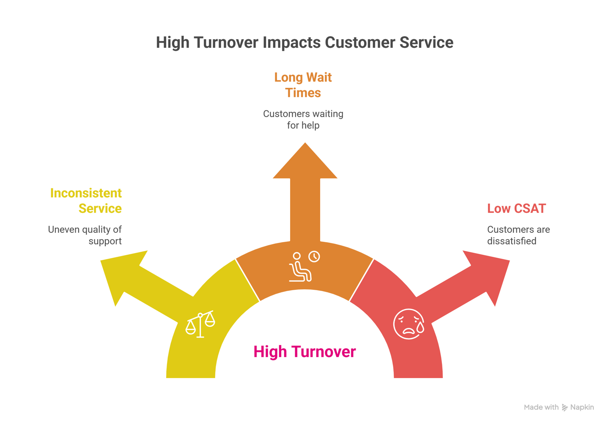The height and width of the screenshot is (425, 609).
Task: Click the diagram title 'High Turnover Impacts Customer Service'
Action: click(304, 43)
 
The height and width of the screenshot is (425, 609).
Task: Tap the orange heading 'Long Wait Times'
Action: click(303, 85)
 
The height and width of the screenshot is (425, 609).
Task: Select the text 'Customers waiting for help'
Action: click(303, 120)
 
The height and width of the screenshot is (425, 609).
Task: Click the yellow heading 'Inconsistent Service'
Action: click(86, 201)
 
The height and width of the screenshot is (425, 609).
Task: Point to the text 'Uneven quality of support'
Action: click(85, 235)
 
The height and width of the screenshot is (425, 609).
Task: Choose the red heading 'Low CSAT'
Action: click(516, 208)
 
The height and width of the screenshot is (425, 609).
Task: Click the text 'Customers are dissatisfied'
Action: click(518, 235)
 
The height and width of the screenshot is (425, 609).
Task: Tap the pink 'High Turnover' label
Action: click(304, 351)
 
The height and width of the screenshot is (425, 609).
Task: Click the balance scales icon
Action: click(200, 324)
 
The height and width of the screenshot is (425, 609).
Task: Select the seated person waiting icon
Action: click(300, 268)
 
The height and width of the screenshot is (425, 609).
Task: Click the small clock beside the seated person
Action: click(314, 256)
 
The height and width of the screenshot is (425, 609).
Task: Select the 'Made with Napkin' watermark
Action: click(559, 407)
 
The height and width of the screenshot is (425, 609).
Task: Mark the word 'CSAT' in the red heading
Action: click(529, 208)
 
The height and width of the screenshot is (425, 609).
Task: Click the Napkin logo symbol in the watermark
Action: click(565, 407)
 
